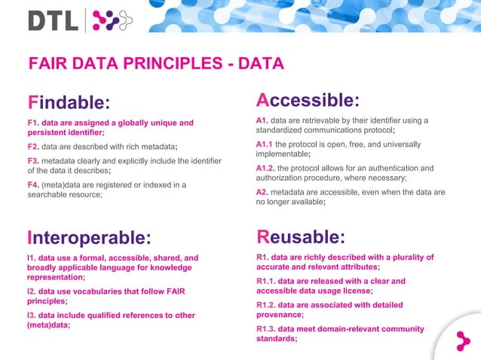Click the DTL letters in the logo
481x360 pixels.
[x=53, y=20]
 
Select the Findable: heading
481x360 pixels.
[x=69, y=102]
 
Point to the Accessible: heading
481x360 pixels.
[x=308, y=100]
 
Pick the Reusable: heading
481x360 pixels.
[x=301, y=237]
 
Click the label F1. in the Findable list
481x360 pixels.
[x=32, y=123]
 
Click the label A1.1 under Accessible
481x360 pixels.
[x=264, y=145]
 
